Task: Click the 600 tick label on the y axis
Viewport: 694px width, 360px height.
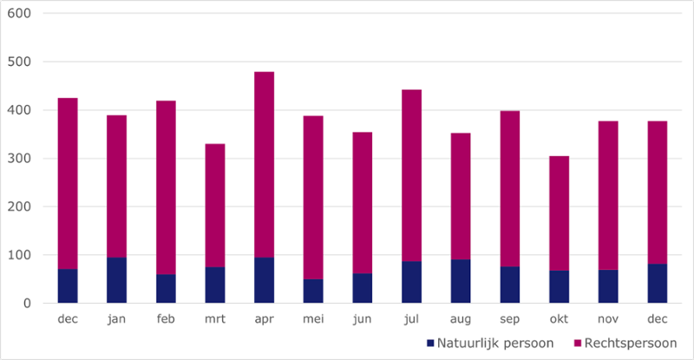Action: coord(19,14)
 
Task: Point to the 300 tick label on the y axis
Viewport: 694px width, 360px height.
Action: coord(19,159)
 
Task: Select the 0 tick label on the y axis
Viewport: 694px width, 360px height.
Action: coord(27,304)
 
